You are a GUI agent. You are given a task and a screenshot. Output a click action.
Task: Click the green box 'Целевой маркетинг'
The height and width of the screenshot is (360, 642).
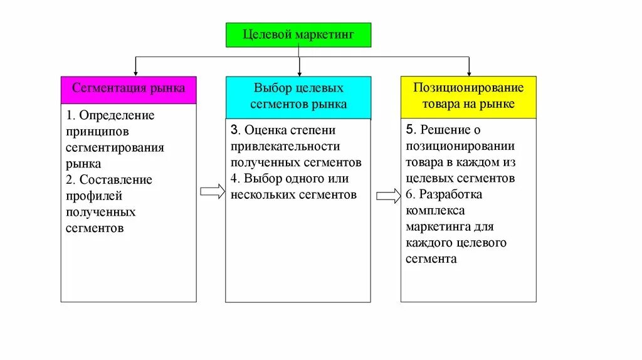[x=298, y=34]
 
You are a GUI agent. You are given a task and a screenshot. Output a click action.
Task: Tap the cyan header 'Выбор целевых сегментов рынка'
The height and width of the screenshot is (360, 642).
[x=298, y=97]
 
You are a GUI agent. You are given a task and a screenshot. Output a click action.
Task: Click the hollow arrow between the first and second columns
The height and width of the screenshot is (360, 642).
[x=212, y=192]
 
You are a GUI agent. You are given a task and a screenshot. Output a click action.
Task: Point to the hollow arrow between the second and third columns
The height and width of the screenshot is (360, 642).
[x=388, y=196]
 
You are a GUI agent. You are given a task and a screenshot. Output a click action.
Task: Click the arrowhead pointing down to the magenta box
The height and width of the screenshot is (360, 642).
[x=135, y=73]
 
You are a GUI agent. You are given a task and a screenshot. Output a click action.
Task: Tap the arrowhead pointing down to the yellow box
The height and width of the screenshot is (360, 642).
[x=468, y=73]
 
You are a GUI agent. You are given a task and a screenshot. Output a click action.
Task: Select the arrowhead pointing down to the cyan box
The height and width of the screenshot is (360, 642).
[x=299, y=73]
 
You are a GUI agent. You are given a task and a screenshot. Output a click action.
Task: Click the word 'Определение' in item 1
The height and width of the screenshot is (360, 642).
[x=115, y=115]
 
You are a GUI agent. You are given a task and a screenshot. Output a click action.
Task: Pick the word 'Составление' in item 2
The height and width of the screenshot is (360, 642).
[x=115, y=180]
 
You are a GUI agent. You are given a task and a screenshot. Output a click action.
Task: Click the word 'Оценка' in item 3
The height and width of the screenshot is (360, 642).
[x=266, y=130]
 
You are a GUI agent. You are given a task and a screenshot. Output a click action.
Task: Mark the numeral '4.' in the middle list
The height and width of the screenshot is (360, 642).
[x=235, y=179]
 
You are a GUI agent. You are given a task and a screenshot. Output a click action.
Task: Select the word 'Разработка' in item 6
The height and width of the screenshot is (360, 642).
[x=450, y=194]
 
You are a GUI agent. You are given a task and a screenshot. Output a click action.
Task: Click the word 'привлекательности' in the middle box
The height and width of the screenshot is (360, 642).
[x=285, y=146]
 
